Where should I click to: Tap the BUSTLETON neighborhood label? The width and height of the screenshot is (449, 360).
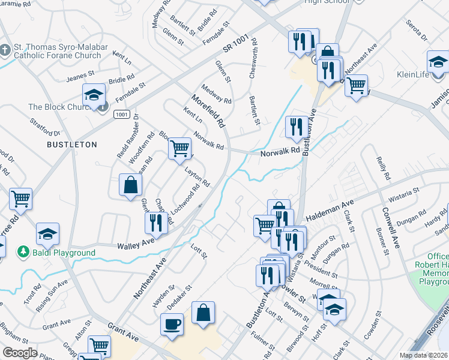(x=72, y=145)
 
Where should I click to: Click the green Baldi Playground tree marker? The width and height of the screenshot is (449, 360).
(x=22, y=251)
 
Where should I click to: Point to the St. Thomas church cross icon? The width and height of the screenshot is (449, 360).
(x=5, y=49)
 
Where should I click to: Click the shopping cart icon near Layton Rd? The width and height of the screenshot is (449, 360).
(x=179, y=148)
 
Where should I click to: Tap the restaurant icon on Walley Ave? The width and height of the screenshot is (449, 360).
(x=155, y=224)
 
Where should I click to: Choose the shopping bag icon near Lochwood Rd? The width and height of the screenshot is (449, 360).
(x=130, y=185)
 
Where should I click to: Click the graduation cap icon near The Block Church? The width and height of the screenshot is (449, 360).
(x=94, y=95)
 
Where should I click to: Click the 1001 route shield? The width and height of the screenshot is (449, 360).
(x=121, y=113)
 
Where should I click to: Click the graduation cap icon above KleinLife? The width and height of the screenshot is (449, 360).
(x=438, y=62)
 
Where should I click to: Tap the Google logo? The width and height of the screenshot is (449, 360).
(x=20, y=352)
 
